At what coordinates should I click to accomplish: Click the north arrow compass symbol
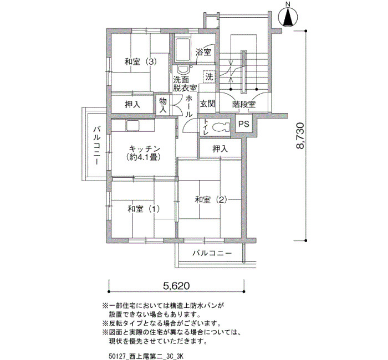pos(288,17)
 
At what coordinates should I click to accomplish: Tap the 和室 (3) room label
pos(141,61)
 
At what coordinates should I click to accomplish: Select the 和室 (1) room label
pos(144,209)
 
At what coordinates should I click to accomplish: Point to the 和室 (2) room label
pos(211,199)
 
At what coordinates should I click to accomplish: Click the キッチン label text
pos(145,149)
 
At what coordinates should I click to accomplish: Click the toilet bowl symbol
pos(221,127)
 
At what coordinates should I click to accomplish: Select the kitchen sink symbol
pos(134,126)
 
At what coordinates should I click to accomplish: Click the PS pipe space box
pos(244,124)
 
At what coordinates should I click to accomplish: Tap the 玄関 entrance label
pos(207,104)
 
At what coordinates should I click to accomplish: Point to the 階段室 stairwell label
pos(244,105)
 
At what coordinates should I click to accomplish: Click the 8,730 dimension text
pos(300,135)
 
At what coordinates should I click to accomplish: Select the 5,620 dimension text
pos(176,286)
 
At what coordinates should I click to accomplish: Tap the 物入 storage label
pos(163,105)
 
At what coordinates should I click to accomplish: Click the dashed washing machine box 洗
pos(210,77)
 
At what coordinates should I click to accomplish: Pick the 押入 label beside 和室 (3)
pos(132,105)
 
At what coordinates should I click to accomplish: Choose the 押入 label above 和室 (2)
pos(220,149)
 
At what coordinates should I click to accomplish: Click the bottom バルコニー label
pos(212,253)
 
